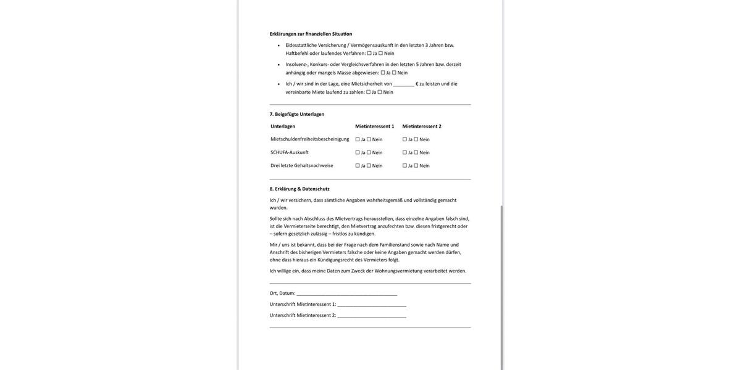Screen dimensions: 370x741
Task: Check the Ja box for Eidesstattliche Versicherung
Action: (369, 53)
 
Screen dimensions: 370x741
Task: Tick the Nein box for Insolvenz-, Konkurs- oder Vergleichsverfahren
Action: (394, 73)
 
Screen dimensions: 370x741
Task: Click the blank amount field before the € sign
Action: (404, 84)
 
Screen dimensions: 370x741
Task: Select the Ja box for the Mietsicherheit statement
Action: (369, 92)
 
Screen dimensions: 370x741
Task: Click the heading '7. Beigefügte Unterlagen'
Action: (296, 114)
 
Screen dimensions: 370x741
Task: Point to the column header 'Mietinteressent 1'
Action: (374, 126)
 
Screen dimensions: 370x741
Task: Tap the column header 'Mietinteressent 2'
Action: (422, 126)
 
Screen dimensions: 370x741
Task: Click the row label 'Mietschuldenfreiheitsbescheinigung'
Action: (309, 139)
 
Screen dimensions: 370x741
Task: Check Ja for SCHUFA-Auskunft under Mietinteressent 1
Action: (358, 152)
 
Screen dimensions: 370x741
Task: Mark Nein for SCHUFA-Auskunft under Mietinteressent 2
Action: (416, 152)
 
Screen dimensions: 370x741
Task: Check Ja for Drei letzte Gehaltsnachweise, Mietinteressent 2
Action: (405, 166)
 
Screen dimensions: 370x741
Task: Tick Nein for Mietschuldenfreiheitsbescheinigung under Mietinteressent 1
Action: (369, 139)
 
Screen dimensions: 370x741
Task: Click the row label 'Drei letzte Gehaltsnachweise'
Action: (301, 165)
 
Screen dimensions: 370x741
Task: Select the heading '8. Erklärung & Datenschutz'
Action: (299, 189)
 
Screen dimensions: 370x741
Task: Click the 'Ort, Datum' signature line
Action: (346, 294)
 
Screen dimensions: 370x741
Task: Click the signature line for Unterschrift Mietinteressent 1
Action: (372, 305)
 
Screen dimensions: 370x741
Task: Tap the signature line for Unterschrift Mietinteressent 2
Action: (372, 316)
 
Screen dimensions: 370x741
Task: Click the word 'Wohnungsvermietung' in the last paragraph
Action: (398, 271)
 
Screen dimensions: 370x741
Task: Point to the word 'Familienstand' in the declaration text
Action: (395, 245)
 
